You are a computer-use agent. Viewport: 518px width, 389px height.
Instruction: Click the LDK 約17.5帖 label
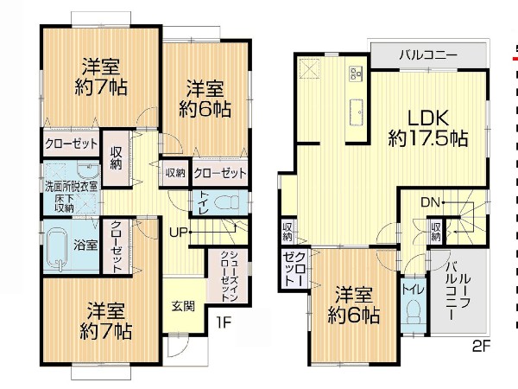[x=428, y=127]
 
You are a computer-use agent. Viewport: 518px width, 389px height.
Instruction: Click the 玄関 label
[x=182, y=305]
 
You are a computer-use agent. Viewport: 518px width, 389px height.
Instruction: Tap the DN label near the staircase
[x=431, y=202]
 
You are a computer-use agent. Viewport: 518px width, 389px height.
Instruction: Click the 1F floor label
[x=223, y=323]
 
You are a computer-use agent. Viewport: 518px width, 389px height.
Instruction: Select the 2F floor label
[x=482, y=350]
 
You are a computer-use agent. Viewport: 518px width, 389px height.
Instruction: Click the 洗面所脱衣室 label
[x=71, y=185]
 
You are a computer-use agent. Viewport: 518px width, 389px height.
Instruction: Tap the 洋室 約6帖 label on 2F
[x=354, y=304]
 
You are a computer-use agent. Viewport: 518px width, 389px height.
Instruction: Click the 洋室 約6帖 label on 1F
[x=205, y=99]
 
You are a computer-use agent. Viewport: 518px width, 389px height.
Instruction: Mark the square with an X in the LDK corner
[x=309, y=67]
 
